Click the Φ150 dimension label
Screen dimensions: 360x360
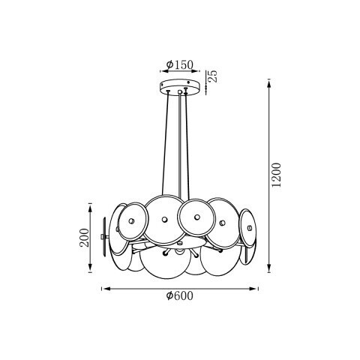180,64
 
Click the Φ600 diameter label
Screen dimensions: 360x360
180,297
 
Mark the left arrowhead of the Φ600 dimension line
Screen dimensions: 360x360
104,287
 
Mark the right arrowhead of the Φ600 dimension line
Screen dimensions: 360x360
257,287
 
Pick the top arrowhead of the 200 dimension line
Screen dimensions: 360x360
91,205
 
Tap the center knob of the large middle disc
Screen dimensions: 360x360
164,220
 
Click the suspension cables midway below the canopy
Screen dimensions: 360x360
180,142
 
